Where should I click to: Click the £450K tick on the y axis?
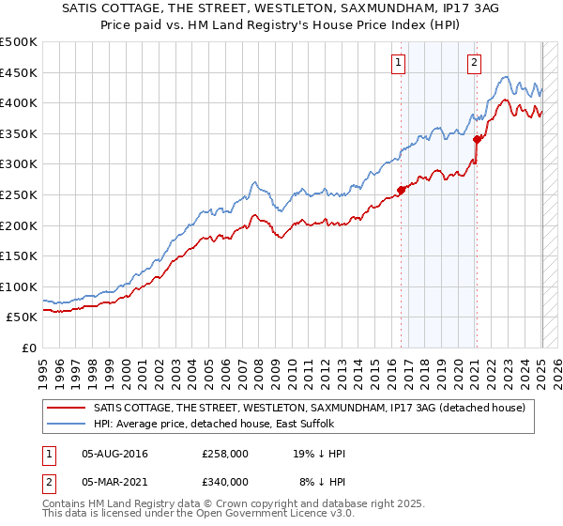click(x=19, y=72)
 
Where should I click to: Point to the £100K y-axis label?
click(x=19, y=286)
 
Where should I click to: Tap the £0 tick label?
click(x=30, y=348)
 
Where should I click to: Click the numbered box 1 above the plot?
click(x=399, y=63)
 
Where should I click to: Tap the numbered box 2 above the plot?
click(x=474, y=63)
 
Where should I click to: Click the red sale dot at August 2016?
click(x=401, y=190)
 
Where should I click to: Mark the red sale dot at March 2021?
click(x=477, y=139)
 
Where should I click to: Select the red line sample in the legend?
click(x=68, y=407)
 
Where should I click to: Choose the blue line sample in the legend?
click(x=68, y=424)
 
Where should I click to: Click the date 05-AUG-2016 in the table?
click(x=114, y=454)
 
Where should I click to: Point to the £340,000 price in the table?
click(x=224, y=481)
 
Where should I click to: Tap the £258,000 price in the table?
click(x=224, y=454)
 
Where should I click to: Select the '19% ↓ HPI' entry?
click(x=319, y=454)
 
